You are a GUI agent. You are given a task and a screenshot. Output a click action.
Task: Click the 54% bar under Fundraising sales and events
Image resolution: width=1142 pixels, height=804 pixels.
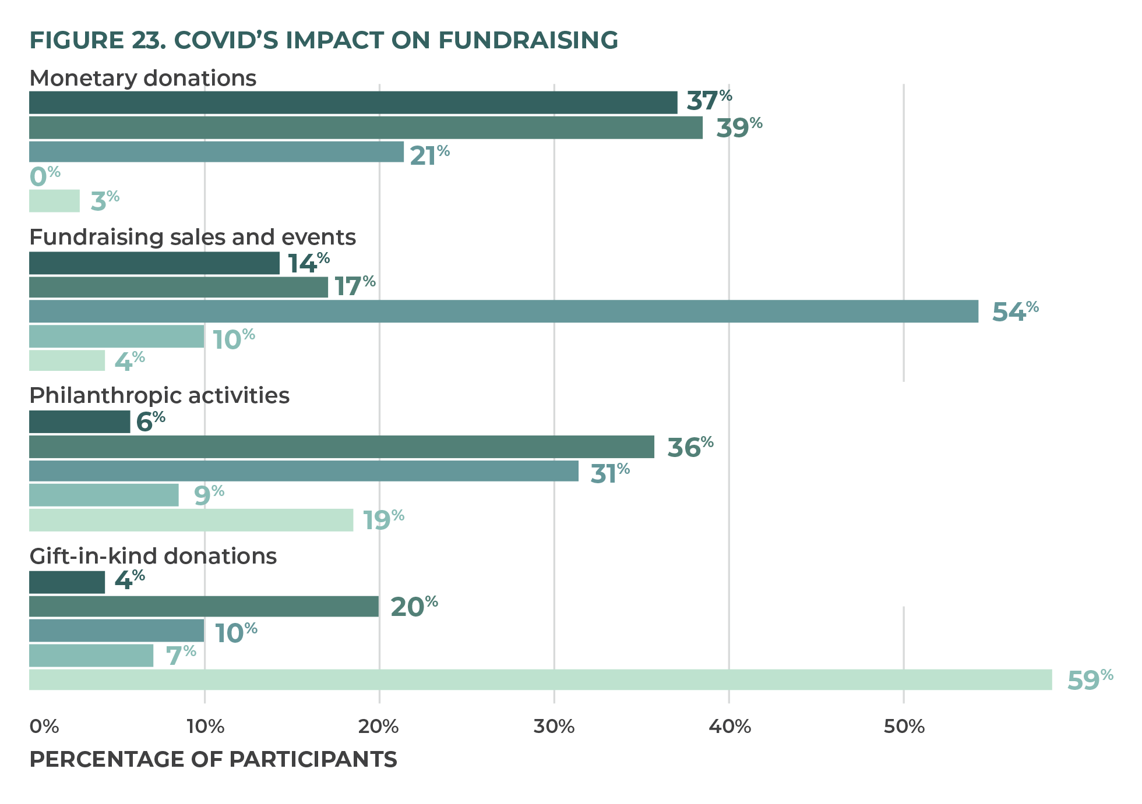click(503, 311)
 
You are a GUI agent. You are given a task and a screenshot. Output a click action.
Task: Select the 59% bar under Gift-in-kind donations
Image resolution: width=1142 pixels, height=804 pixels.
click(540, 680)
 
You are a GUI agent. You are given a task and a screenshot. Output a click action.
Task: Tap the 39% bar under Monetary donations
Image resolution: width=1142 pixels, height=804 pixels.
click(365, 127)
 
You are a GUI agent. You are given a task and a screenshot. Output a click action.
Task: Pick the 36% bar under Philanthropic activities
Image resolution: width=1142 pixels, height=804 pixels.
click(341, 447)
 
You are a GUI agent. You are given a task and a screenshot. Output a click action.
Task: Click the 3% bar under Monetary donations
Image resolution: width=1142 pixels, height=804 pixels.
click(54, 201)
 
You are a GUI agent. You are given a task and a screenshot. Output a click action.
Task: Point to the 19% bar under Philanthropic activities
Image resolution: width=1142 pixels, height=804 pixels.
click(191, 520)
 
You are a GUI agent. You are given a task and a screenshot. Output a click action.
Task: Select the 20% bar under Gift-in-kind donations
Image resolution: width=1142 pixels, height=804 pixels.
click(204, 607)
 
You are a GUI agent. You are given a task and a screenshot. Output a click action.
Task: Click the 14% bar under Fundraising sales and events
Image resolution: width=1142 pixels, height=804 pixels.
click(154, 263)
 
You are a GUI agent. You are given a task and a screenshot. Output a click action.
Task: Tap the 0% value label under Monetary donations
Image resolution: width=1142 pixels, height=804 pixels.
click(44, 176)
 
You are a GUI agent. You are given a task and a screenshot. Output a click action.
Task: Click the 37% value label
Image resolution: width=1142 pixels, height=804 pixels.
click(709, 101)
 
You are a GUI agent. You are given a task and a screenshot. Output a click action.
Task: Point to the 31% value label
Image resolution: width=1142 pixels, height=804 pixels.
click(609, 473)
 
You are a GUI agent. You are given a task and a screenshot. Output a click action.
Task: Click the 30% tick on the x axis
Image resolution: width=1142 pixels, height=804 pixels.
click(554, 727)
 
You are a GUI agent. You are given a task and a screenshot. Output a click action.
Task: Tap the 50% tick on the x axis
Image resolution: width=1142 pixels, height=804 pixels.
click(904, 727)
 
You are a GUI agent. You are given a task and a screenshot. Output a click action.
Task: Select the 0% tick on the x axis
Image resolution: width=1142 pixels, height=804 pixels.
click(44, 727)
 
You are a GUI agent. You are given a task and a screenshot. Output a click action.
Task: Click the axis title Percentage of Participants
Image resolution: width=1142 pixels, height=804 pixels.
click(213, 760)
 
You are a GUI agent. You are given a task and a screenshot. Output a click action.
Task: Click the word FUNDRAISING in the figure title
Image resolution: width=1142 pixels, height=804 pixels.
click(528, 40)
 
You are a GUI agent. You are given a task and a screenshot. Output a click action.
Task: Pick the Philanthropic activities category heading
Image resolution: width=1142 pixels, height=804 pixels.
click(159, 396)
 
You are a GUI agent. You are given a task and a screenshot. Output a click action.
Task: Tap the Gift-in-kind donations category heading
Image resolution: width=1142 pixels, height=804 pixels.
click(153, 557)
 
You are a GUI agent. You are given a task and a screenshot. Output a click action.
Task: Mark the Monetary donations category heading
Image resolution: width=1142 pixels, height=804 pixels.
click(143, 78)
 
